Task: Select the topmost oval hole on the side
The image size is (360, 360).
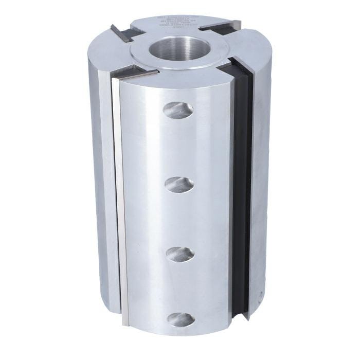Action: (178, 110)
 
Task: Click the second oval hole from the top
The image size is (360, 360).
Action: (179, 185)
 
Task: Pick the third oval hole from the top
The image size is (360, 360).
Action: (180, 254)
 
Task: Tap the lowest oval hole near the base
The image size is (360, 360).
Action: (181, 319)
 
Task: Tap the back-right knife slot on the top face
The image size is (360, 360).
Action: (220, 25)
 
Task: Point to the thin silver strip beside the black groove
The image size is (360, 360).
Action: (231, 195)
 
